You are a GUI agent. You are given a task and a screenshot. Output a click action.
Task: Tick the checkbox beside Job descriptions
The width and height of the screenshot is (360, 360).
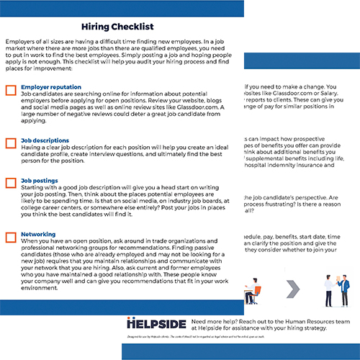[10, 143]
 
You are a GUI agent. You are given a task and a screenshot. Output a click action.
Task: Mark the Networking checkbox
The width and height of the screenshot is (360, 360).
[10, 235]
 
